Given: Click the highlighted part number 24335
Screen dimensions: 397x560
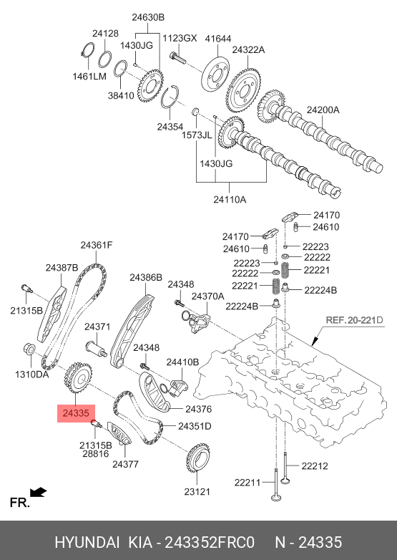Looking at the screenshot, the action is pos(76,413).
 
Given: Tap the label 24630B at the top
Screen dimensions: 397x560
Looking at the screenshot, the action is pos(148,17).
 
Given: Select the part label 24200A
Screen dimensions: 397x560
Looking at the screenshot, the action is pos(323,110).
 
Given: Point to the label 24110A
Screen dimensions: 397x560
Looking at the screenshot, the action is pos(230,199).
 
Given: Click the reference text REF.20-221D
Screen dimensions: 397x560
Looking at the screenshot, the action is pos(355,319).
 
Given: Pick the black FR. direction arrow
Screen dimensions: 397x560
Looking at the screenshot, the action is pos(39,493).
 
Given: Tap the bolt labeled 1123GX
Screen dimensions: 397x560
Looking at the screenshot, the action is pos(178,57).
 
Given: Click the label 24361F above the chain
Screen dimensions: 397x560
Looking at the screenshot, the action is pos(97,245).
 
